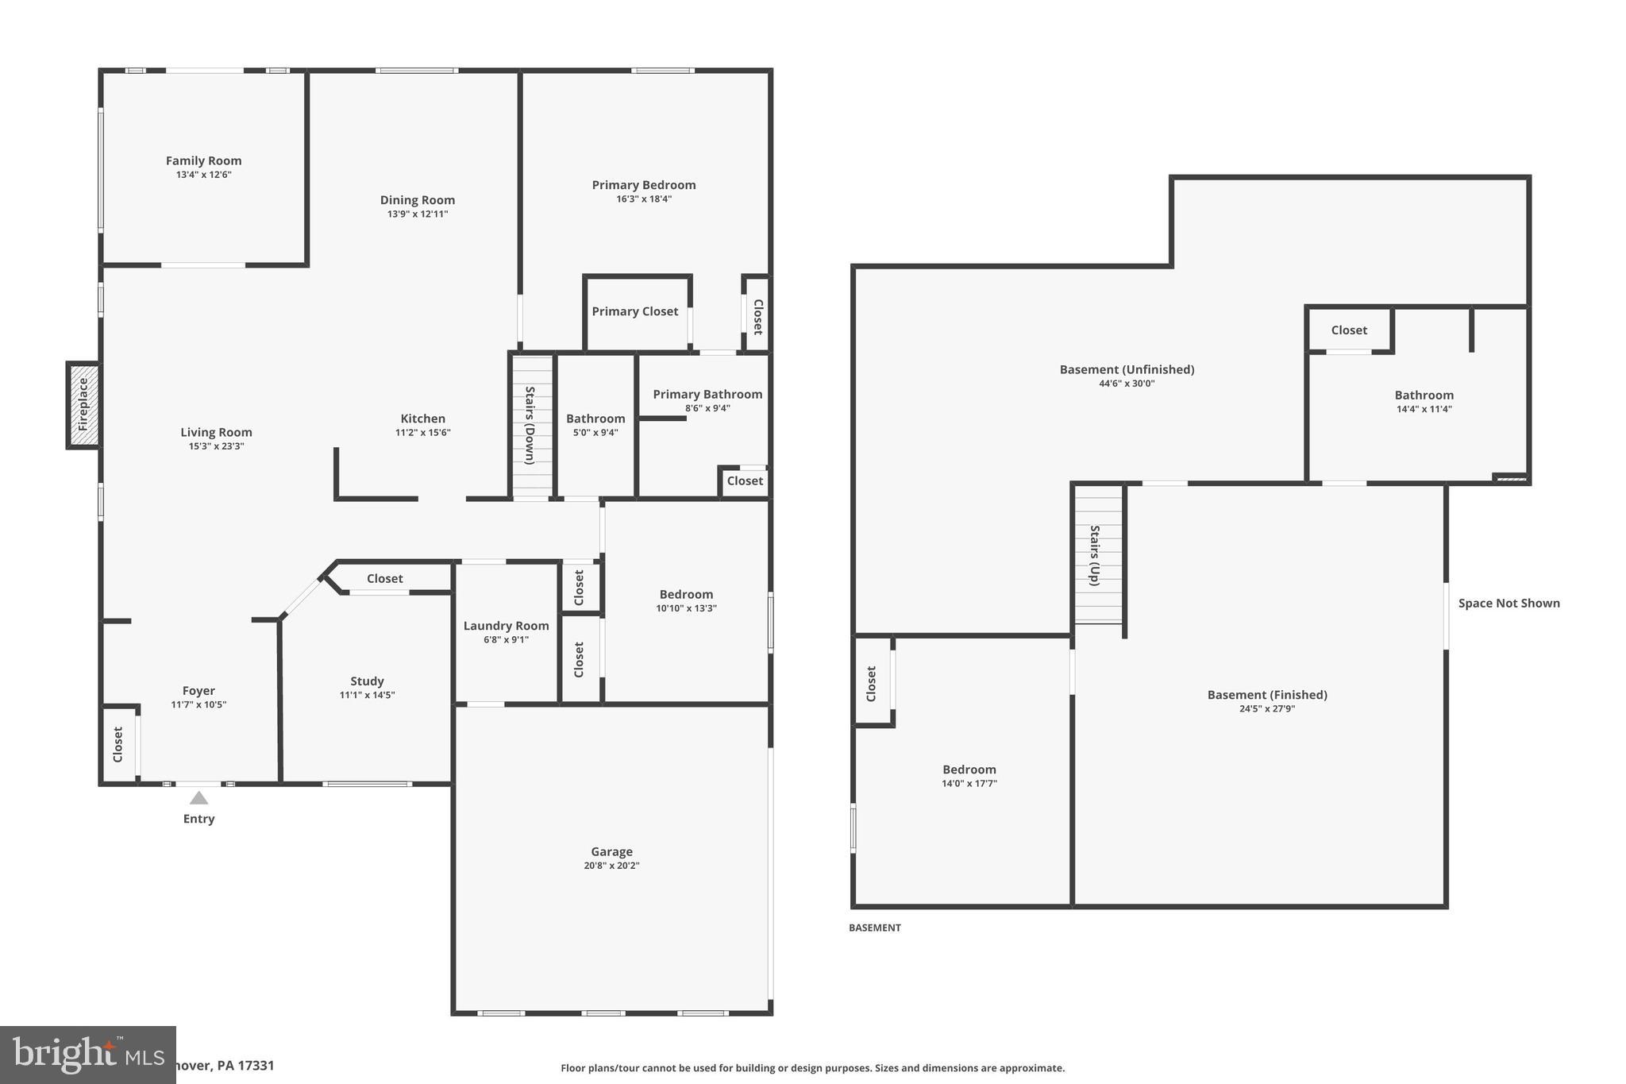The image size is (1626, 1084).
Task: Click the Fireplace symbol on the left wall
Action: (83, 405)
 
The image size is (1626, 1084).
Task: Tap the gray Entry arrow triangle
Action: (198, 798)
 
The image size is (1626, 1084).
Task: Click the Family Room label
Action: (203, 160)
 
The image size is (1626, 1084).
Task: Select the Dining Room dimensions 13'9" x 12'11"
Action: (417, 214)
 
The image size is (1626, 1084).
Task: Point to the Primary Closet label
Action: (634, 311)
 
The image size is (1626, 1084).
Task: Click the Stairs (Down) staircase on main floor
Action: (531, 426)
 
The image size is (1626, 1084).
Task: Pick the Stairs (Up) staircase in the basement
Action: (1098, 554)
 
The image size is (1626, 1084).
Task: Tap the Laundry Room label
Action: (506, 626)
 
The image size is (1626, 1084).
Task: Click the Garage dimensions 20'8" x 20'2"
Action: (611, 866)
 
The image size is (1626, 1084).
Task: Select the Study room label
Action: (367, 681)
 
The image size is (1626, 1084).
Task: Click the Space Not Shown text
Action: (1508, 603)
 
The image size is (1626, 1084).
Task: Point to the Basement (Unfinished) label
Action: (1127, 369)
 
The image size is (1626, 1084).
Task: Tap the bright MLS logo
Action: (87, 1055)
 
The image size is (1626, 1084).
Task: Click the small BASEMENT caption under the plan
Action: (874, 928)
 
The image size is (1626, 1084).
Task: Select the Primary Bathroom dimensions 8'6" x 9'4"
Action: (707, 408)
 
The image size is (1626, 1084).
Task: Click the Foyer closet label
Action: (118, 744)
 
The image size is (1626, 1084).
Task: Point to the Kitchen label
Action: (422, 419)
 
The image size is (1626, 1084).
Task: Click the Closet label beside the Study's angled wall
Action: (385, 578)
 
